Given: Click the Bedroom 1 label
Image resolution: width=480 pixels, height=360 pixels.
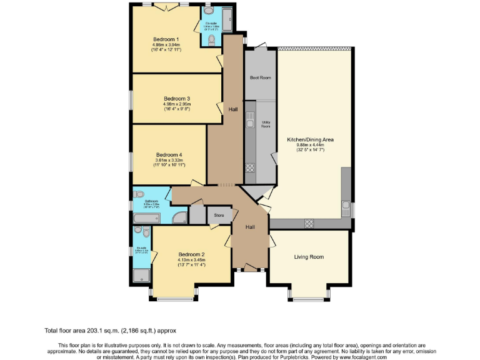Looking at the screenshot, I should coord(165,39).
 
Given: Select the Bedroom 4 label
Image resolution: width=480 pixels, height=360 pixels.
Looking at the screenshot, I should coord(169,154).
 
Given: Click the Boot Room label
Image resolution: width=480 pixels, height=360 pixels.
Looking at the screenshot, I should coord(260,78).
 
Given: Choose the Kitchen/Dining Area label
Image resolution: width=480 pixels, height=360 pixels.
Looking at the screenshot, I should coord(310,139).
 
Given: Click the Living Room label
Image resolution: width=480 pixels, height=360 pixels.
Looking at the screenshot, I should coord(309,257).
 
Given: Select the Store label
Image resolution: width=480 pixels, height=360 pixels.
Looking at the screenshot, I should coord(219,216).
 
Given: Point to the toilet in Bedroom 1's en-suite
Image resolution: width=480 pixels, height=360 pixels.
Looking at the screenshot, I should coord(212,39).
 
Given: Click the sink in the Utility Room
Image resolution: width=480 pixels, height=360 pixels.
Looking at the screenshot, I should coord(249,122).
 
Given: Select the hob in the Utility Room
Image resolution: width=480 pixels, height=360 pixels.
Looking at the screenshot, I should coord(250,167).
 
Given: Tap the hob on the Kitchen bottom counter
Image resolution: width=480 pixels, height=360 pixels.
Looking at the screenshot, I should coord(309,224).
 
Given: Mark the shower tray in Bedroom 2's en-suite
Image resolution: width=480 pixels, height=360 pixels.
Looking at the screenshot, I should coord(142,274).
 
